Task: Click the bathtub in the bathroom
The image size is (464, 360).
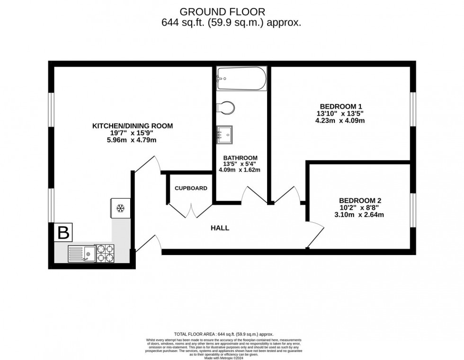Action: [x=241, y=79]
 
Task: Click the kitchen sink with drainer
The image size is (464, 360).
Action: [x=80, y=253]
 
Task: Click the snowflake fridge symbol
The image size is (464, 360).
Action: [x=120, y=208]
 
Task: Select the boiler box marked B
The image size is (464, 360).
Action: [x=63, y=232]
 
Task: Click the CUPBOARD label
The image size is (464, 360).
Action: [x=191, y=188]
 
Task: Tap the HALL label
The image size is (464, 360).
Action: [x=220, y=228]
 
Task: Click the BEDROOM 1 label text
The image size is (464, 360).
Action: [x=340, y=106]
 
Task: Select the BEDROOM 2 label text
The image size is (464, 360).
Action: [x=360, y=200]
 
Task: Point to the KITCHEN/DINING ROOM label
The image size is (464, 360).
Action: [x=132, y=126]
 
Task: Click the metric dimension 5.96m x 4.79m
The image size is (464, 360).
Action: [x=132, y=140]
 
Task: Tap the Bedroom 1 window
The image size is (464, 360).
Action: [x=413, y=109]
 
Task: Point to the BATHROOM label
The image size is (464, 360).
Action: [x=240, y=158]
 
